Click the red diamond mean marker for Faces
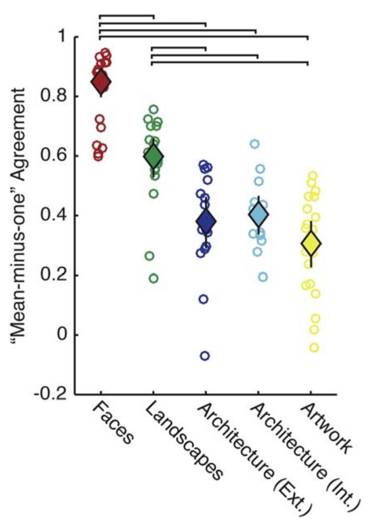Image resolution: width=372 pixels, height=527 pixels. [100, 82]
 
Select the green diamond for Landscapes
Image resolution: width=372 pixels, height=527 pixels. [153, 156]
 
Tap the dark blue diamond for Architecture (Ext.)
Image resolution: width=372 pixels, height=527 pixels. [206, 221]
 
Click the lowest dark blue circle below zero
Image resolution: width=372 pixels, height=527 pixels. [205, 356]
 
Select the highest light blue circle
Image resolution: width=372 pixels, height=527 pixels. [255, 144]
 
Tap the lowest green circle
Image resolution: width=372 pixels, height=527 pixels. [153, 278]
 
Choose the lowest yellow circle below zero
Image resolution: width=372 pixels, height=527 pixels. [314, 347]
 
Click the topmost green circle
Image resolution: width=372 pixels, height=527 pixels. [154, 109]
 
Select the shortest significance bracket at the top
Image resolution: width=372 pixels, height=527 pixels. [126, 16]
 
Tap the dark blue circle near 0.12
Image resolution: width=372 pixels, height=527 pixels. [203, 299]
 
